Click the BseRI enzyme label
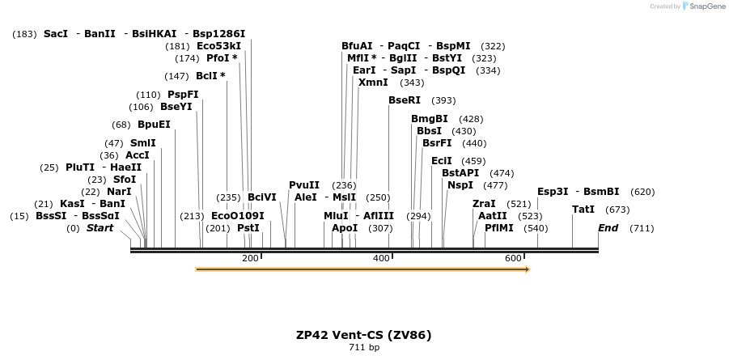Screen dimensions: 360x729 405,100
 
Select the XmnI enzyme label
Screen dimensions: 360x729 373,83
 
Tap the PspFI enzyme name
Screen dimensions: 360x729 183,95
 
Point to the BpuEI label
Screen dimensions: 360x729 154,125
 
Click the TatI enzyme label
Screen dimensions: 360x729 583,210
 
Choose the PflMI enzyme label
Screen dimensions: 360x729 499,228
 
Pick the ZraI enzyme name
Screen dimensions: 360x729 484,204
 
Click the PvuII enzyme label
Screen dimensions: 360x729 304,185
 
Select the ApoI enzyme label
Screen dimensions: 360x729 345,228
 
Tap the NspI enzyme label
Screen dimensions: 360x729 460,185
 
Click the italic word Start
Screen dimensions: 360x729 100,228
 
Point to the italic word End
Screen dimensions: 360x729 608,228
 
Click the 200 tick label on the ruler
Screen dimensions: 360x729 249,258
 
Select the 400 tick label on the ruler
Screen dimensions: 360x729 381,258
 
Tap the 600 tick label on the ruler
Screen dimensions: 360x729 513,258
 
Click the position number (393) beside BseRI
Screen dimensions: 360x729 443,101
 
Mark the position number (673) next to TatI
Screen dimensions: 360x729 617,210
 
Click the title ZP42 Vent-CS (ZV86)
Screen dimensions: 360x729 364,335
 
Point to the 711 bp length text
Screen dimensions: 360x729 364,348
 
